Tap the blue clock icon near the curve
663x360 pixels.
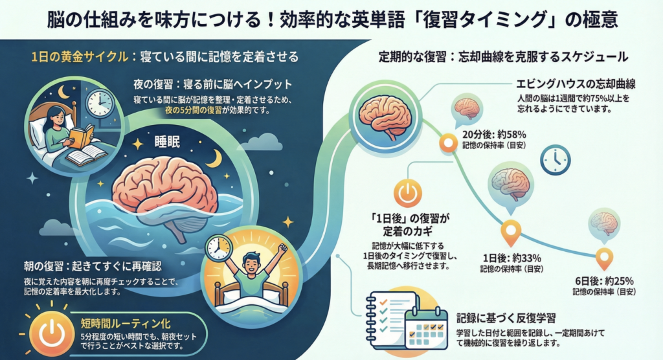coord(555,159)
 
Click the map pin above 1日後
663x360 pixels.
coord(511,230)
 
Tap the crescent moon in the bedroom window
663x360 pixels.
coord(63,93)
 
